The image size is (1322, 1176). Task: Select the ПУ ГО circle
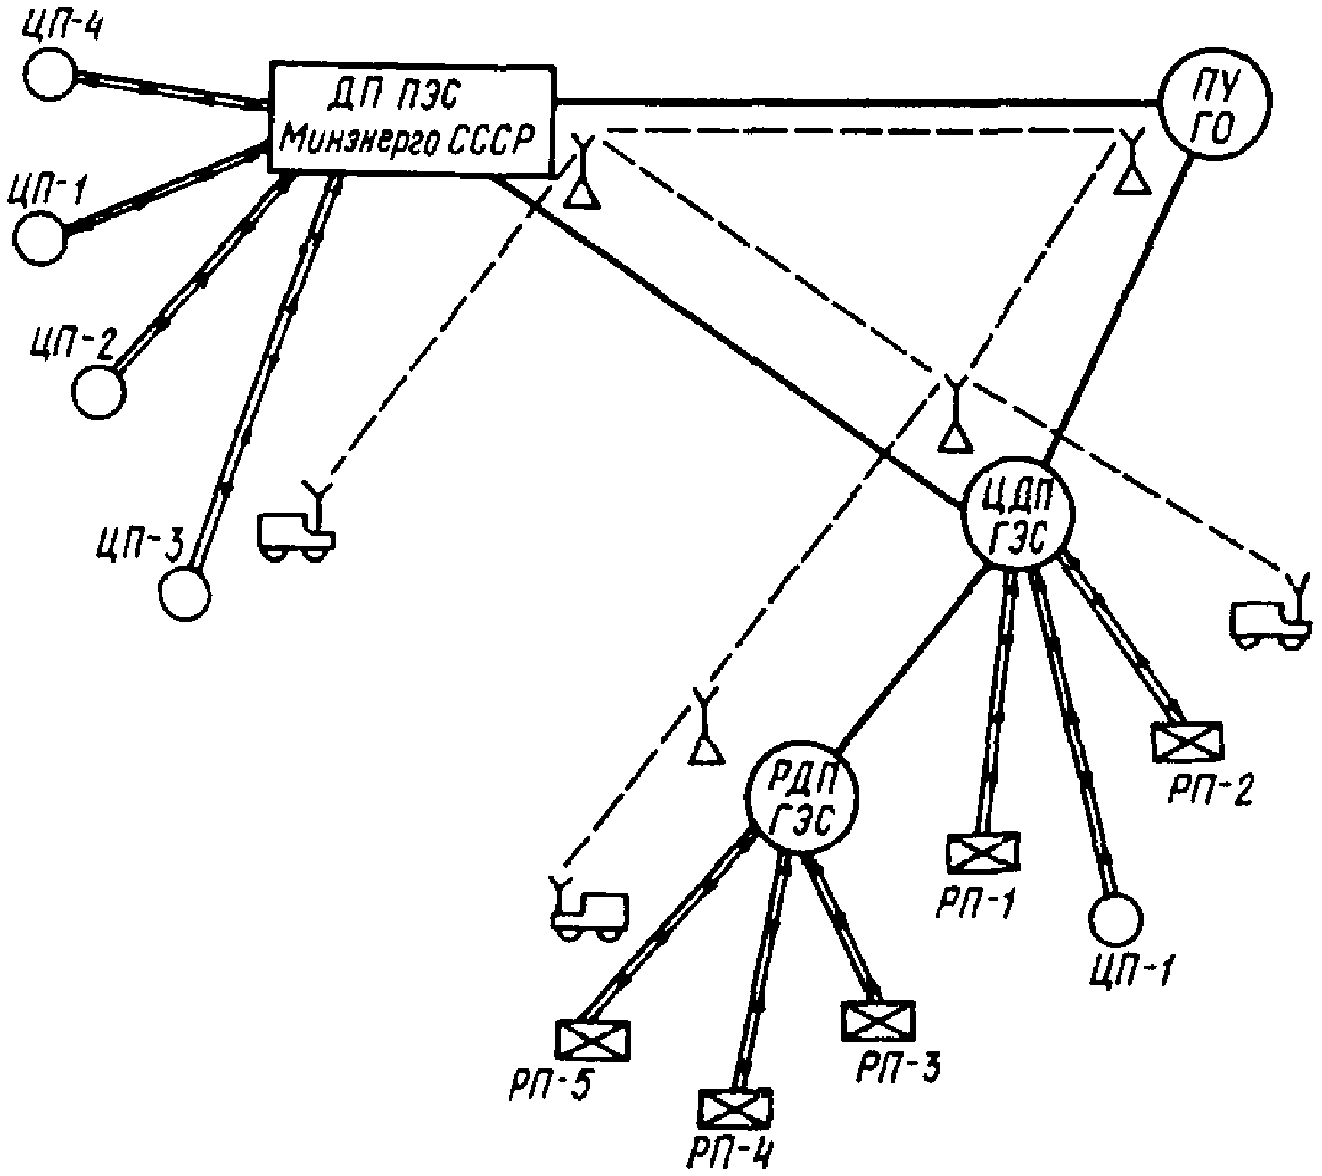pos(1213,103)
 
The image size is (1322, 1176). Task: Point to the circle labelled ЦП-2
pos(99,392)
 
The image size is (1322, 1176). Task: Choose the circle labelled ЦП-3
pos(185,592)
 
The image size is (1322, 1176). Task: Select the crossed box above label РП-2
pos(1187,740)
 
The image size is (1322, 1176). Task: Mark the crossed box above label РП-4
pos(735,1109)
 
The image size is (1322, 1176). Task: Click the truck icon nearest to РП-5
pos(590,914)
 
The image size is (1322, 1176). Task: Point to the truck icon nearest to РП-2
pos(1270,621)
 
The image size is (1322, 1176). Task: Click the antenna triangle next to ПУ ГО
pos(1132,179)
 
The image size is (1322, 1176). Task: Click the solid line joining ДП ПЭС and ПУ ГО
pos(856,101)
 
